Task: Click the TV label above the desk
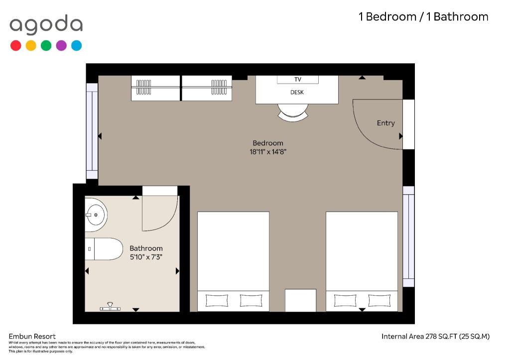coord(298,79)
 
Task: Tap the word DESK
coord(297,92)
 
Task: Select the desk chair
coord(293,113)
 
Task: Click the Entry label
coord(386,123)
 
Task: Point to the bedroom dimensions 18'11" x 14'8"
coord(268,151)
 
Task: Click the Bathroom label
coord(146,248)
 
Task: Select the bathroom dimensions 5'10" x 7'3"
coord(146,257)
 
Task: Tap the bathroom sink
coord(96,215)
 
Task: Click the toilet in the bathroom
coord(104,249)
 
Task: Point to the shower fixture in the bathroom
coord(110,307)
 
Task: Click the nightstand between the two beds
coord(300,300)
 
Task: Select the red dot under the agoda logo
coord(15,45)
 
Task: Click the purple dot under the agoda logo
coord(61,45)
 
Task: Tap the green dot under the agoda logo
coord(46,45)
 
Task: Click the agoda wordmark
coord(46,25)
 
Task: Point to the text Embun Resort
coord(32,336)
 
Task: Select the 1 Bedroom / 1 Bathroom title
coord(423,16)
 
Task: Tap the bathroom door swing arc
coord(169,222)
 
